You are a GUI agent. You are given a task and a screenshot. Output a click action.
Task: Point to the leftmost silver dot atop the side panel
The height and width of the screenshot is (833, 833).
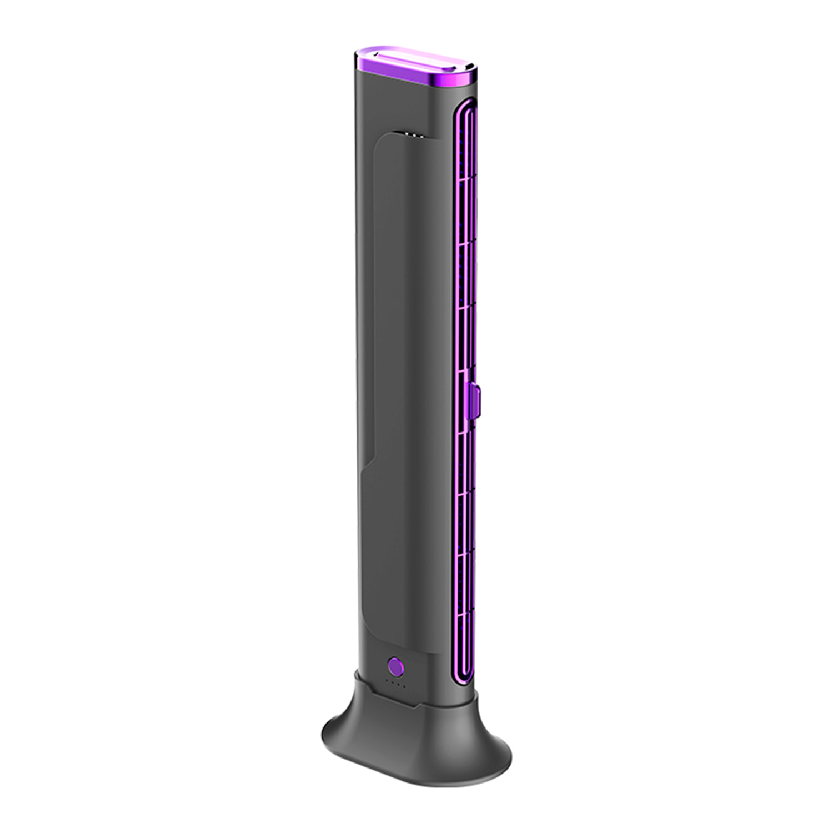click(x=405, y=133)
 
